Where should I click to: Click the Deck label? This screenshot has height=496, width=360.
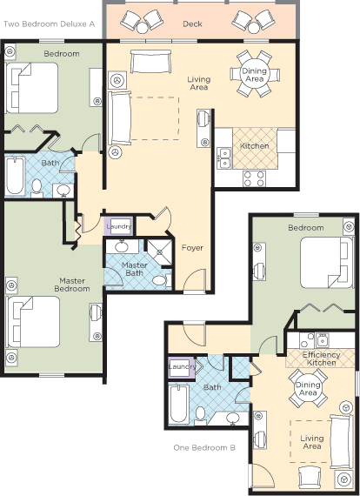click(192, 23)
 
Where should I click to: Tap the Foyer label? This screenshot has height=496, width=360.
click(192, 248)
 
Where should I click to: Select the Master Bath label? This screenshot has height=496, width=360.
click(134, 269)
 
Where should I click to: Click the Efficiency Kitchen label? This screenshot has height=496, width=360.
click(321, 359)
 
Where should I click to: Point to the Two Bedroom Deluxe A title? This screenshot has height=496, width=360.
click(49, 24)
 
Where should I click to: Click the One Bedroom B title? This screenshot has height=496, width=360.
click(204, 447)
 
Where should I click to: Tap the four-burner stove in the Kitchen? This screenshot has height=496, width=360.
click(254, 178)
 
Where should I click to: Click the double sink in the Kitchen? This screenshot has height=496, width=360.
click(224, 158)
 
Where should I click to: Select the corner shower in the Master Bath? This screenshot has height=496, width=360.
click(160, 252)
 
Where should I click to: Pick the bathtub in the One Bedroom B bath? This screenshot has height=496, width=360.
click(178, 404)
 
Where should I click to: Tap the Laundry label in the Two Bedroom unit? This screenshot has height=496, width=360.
click(119, 226)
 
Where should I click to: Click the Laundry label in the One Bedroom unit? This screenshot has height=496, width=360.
click(182, 366)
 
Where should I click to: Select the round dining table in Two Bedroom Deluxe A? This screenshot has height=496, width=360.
click(255, 75)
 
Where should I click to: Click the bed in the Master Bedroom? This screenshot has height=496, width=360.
click(33, 322)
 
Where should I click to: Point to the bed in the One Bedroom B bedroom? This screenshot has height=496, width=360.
click(326, 263)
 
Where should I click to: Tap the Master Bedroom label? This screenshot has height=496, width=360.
click(72, 285)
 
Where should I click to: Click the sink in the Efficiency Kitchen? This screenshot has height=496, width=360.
click(323, 341)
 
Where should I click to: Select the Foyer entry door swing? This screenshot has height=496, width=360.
click(195, 279)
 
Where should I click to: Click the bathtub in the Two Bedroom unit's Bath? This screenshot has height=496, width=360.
click(15, 176)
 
